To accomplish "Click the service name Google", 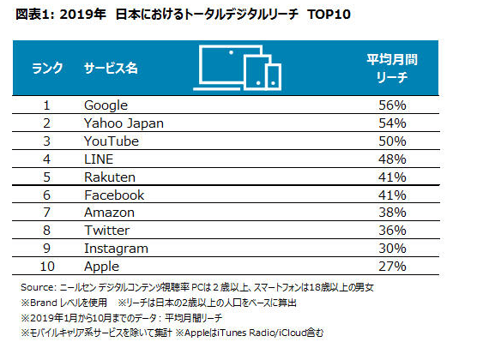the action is coord(106,105).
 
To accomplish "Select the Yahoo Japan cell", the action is coord(124,123).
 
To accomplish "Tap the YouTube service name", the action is coord(112,141).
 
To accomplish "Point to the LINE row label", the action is coord(99,159).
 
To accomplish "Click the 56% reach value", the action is coord(392,105).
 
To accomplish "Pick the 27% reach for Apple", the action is coord(392,267).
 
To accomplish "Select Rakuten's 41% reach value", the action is coord(392,177).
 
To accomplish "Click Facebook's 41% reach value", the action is coord(392,195).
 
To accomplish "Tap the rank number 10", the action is coord(47,267).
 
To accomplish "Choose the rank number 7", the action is coord(46,213).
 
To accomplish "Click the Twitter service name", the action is coord(107,231).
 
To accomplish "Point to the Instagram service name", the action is coord(116,249).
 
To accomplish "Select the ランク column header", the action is coord(47,68).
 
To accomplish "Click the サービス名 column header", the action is coord(111,68).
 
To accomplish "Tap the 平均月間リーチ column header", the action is coord(392,68).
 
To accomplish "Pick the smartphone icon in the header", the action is coord(273,76).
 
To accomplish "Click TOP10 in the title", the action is coord(329,15).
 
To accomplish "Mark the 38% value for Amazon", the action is coord(392,213).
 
